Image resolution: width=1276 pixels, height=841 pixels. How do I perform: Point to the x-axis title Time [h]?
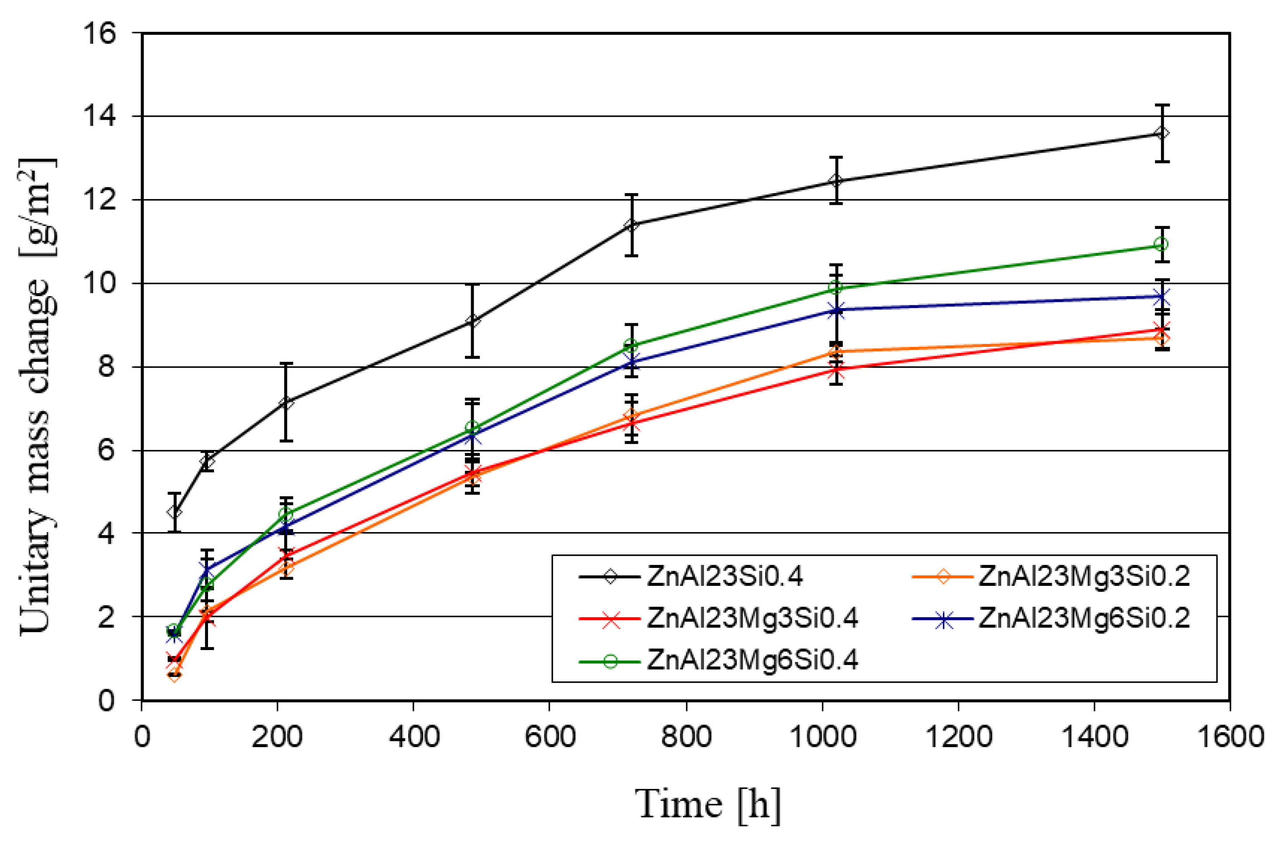708,805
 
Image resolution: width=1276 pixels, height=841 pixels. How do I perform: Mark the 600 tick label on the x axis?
550,737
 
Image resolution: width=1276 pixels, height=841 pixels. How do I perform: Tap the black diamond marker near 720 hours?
632,225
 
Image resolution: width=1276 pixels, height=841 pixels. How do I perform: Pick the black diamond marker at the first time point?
174,512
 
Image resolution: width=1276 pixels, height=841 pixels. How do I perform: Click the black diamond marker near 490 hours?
472,321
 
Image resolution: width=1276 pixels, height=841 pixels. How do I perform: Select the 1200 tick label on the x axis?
958,737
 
